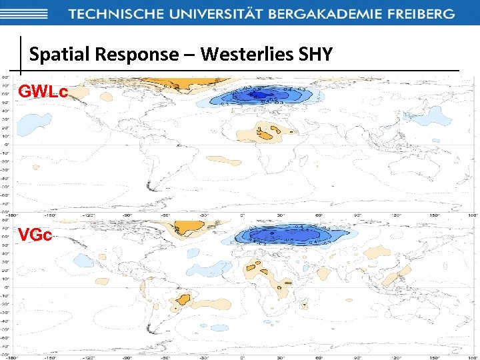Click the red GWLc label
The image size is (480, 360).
[43, 92]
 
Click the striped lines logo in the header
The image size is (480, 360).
[24, 13]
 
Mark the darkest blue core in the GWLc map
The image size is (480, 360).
[256, 96]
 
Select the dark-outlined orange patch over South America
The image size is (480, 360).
[184, 299]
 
